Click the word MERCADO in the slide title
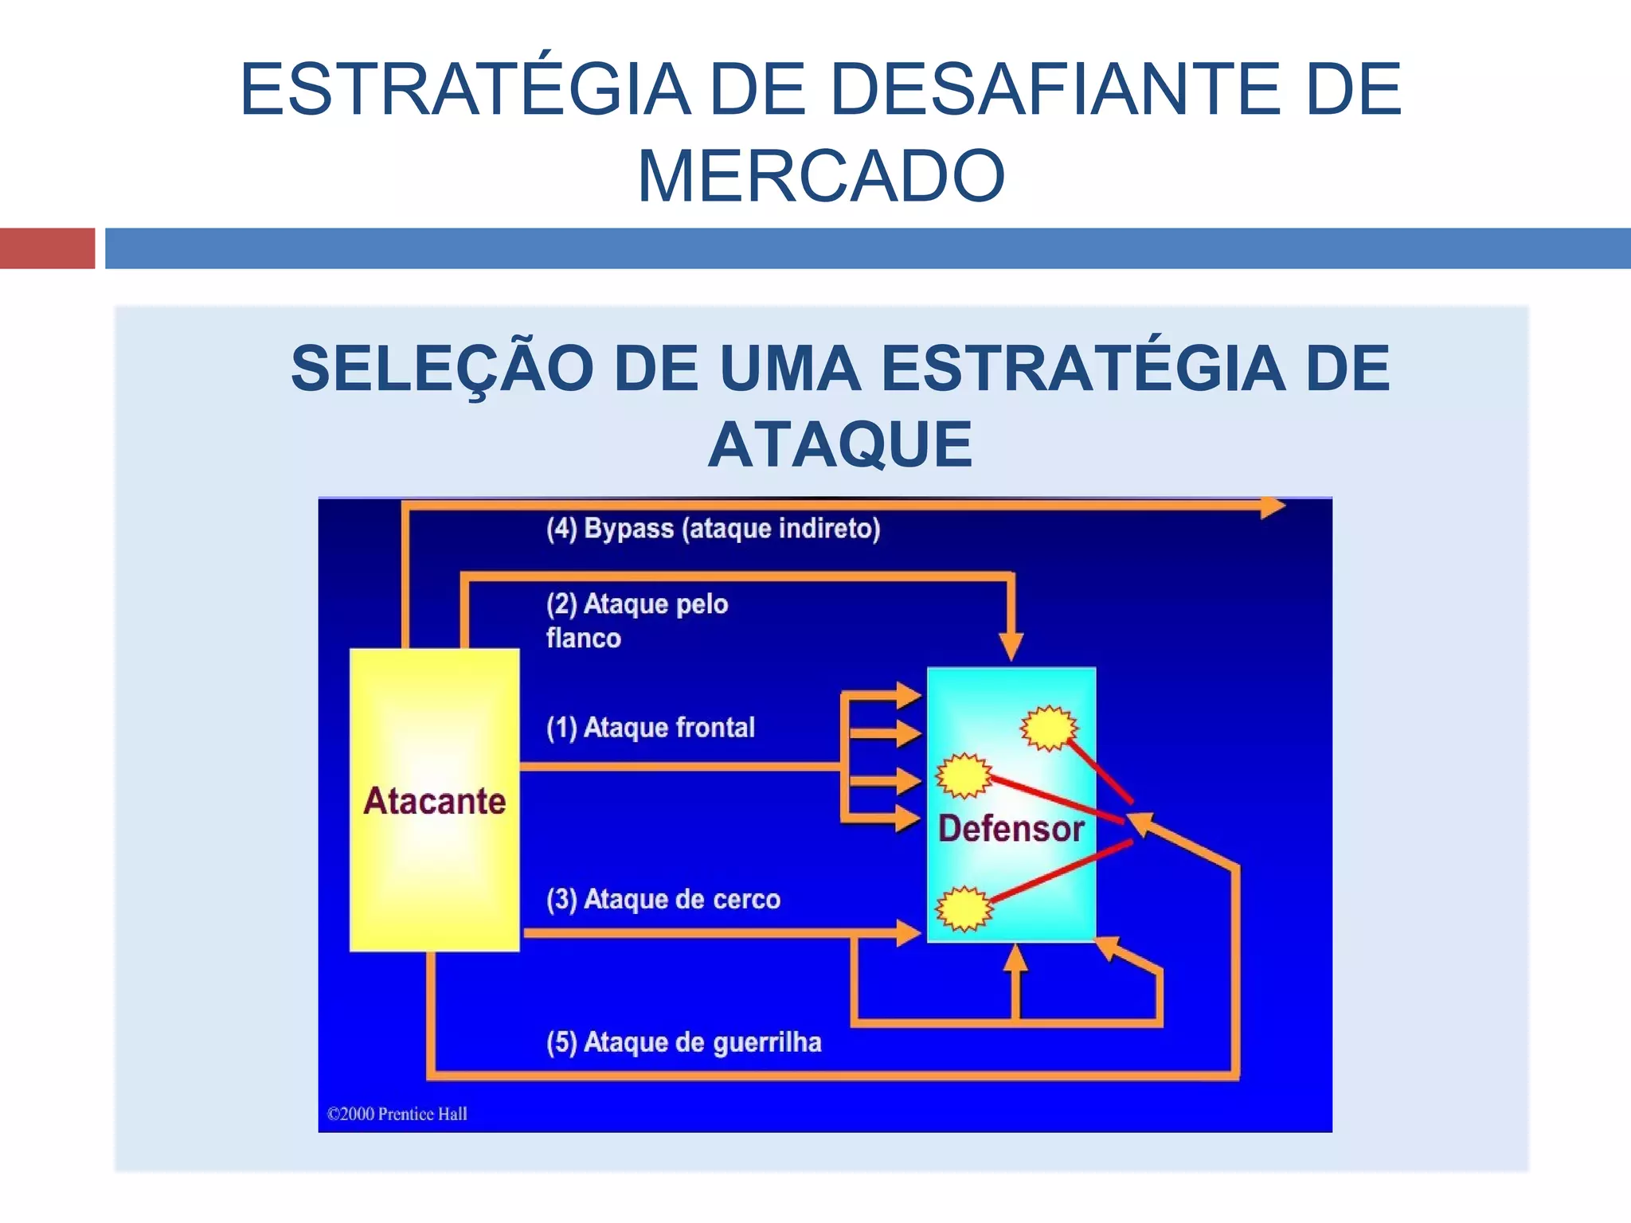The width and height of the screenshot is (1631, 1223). tap(821, 176)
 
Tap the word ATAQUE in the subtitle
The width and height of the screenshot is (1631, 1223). tap(840, 445)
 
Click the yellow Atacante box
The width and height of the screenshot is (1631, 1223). tap(435, 799)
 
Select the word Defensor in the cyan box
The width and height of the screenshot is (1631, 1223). tap(1011, 829)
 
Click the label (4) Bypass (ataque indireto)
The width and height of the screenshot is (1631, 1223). tap(713, 529)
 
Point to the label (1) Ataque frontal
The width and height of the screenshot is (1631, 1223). tap(651, 728)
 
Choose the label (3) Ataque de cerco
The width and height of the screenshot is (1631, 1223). tap(663, 900)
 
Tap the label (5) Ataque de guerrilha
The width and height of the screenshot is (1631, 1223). tap(683, 1042)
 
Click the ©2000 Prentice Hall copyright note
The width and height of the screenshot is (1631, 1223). tap(397, 1114)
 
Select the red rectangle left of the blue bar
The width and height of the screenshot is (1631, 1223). tap(47, 248)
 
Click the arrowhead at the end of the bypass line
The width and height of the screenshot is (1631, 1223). tap(1272, 506)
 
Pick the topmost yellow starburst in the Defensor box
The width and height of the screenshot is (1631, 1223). tap(1049, 727)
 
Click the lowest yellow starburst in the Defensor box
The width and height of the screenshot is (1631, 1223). tap(964, 908)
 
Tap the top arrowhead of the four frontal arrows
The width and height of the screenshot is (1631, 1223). tap(908, 695)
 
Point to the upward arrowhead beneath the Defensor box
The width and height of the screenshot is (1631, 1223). tap(1015, 958)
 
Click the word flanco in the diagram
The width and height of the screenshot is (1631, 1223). tap(584, 639)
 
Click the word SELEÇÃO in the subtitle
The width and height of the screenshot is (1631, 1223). tap(442, 369)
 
